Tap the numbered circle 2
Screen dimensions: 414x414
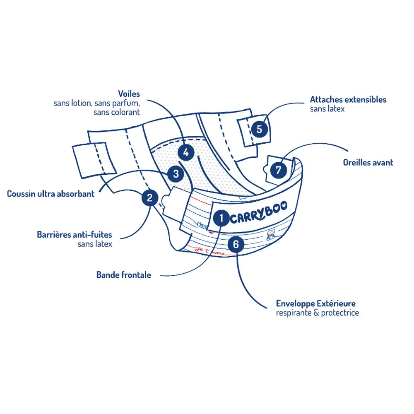[150, 197]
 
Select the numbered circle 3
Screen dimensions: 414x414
[176, 174]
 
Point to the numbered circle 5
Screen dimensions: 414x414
[259, 129]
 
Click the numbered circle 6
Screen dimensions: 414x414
[236, 244]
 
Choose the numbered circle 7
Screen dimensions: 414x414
[278, 170]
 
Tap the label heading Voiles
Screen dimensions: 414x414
[129, 94]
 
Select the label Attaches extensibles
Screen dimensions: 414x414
[348, 100]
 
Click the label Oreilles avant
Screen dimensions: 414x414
[368, 163]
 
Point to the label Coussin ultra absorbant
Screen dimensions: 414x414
[51, 193]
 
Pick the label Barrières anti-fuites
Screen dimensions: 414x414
[75, 235]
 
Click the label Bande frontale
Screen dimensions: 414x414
[123, 274]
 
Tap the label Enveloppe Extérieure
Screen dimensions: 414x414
[316, 304]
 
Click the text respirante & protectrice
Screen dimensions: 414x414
[317, 313]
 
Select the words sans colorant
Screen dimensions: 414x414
[116, 112]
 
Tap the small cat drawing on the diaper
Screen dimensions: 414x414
[271, 235]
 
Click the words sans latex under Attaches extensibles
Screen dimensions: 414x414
[327, 109]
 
